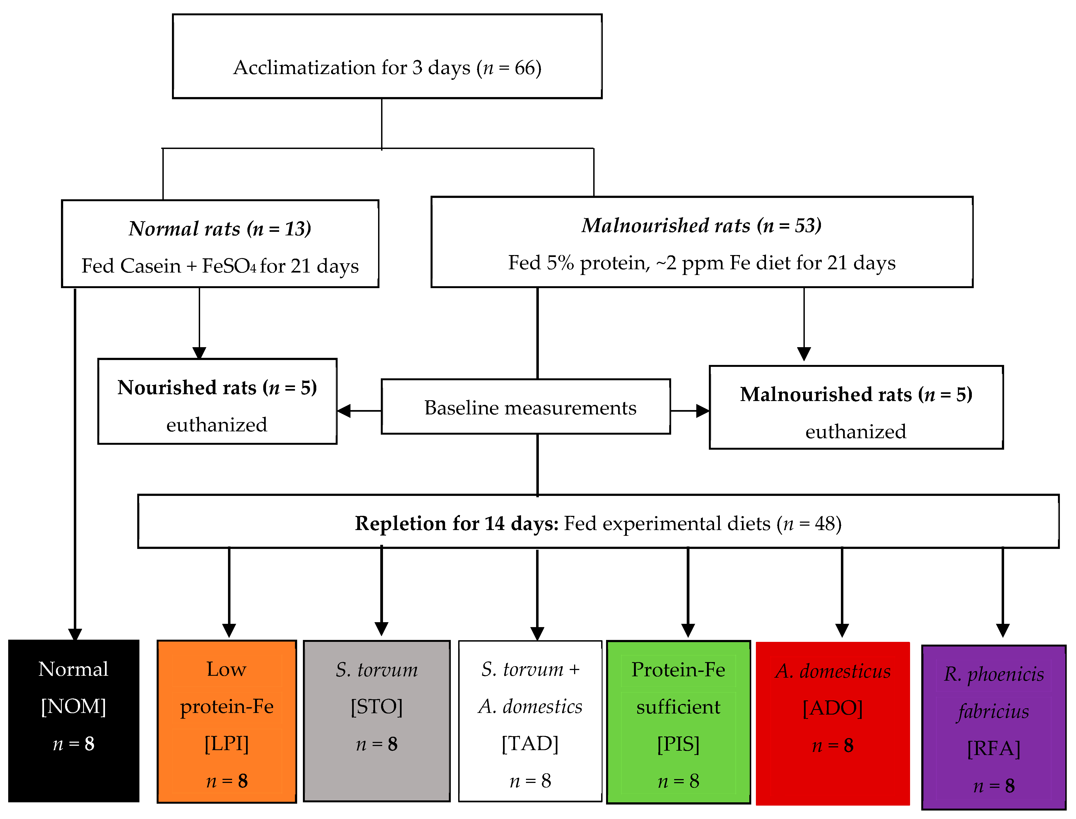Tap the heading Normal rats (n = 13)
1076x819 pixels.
220,229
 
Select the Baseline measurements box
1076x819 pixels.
530,408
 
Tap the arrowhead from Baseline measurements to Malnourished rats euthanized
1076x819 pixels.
702,411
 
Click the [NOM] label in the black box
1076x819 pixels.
74,706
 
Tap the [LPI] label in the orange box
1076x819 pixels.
226,744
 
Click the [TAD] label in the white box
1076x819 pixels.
530,744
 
